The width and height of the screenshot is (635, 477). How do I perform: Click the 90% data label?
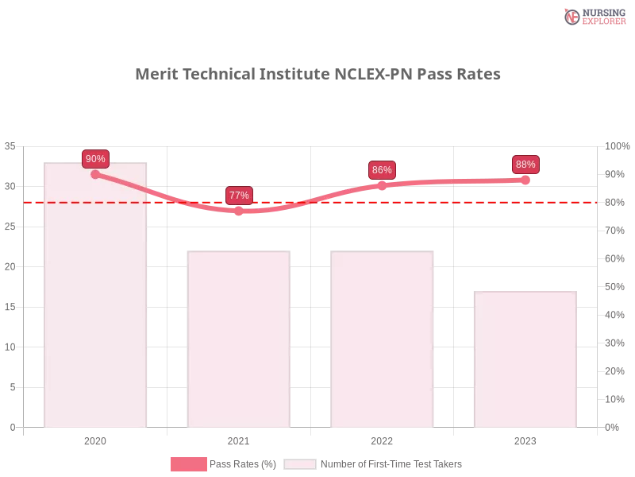pyautogui.click(x=95, y=158)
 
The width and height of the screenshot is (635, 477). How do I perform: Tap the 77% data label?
pyautogui.click(x=239, y=195)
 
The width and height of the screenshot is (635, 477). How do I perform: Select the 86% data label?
pyautogui.click(x=382, y=170)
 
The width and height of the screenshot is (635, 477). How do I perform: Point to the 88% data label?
pyautogui.click(x=525, y=165)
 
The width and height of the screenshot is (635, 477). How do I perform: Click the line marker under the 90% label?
pyautogui.click(x=95, y=174)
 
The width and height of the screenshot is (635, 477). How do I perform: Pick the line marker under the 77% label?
pyautogui.click(x=239, y=211)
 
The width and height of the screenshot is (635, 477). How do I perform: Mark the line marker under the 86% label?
pyautogui.click(x=382, y=185)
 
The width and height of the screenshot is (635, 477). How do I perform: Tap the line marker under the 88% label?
pyautogui.click(x=525, y=180)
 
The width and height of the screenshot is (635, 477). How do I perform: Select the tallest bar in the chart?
pyautogui.click(x=95, y=302)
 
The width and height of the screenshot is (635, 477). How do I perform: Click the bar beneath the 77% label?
pyautogui.click(x=238, y=342)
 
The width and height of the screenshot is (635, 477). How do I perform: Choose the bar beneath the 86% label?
pyautogui.click(x=384, y=342)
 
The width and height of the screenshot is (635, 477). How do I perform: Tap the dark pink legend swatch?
pyautogui.click(x=188, y=464)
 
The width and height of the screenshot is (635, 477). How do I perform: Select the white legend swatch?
pyautogui.click(x=300, y=464)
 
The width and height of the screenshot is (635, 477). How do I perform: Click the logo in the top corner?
pyautogui.click(x=593, y=16)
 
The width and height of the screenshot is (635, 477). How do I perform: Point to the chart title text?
pyautogui.click(x=317, y=75)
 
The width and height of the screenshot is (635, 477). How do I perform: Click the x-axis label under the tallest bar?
pyautogui.click(x=95, y=440)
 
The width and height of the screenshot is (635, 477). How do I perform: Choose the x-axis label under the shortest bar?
pyautogui.click(x=525, y=440)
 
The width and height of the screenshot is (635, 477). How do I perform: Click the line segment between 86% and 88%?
pyautogui.click(x=454, y=182)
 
